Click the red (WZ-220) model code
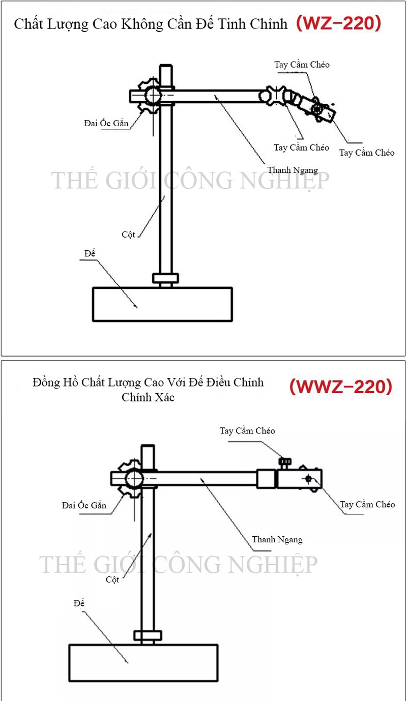tap(338, 24)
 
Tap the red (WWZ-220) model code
tap(341, 387)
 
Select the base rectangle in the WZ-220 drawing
tap(162, 304)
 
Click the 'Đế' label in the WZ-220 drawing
tap(91, 253)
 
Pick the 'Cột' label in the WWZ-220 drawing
tap(112, 579)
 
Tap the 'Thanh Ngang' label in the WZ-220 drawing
tap(293, 170)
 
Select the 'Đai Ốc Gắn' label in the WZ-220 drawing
tap(106, 123)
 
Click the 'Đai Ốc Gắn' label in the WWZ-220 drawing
tap(84, 505)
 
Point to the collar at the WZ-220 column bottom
tap(165, 278)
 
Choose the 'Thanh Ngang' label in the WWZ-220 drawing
tap(277, 539)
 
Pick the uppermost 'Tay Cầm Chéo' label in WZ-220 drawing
tap(302, 65)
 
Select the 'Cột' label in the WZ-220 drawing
tap(128, 235)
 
